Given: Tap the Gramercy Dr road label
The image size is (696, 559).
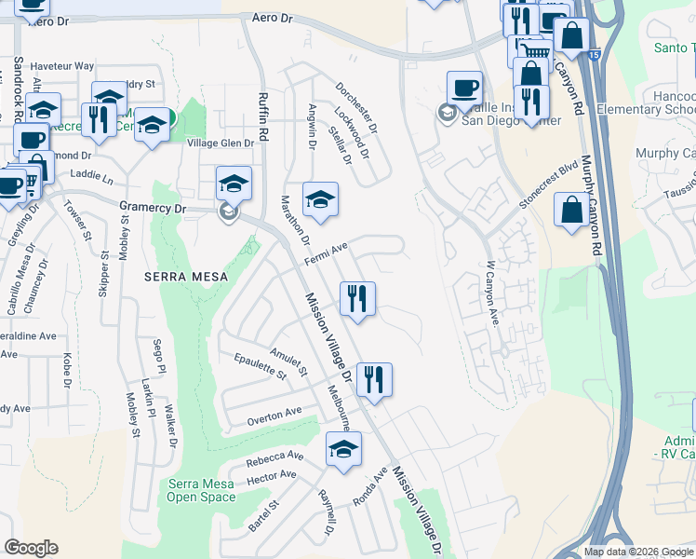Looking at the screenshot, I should tap(153, 208).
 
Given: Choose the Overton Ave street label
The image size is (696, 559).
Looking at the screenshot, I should tap(274, 416).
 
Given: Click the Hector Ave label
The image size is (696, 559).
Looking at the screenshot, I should tap(272, 477).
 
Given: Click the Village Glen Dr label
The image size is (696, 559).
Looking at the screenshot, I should tap(221, 143).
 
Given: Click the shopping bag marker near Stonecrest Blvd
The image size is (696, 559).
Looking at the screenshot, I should tap(571, 209).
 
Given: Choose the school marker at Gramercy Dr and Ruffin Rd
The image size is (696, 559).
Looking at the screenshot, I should tap(234, 183).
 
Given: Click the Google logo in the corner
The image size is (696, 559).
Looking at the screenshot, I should tap(31, 548).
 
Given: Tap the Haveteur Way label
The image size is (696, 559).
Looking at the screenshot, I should tap(62, 66).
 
